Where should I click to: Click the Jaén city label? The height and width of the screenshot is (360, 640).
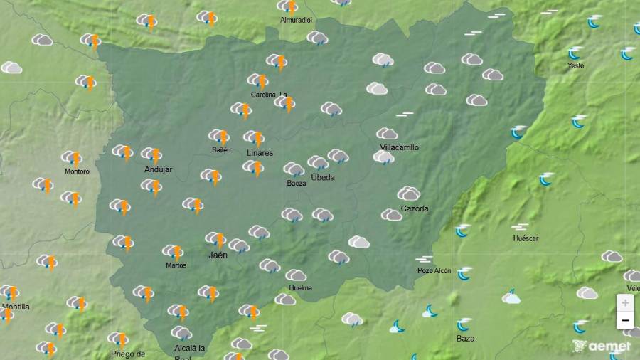tap(218, 255)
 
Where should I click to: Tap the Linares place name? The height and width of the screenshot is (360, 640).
tap(260, 153)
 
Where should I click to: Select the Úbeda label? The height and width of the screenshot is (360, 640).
tap(323, 177)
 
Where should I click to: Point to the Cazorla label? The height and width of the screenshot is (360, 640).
tap(415, 208)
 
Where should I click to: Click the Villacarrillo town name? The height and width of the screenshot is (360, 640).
tap(400, 147)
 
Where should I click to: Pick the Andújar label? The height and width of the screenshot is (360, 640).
tap(159, 169)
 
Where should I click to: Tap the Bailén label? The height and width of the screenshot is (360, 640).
tap(221, 149)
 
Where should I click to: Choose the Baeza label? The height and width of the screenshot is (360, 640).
tap(297, 184)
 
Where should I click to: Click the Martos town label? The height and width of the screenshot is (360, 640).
tap(176, 265)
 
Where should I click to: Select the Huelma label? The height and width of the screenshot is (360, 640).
tap(301, 288)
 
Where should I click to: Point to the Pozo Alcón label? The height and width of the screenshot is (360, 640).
tap(434, 271)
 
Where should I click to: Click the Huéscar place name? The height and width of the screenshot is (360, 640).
tap(526, 239)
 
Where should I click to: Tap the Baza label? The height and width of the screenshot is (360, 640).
tap(465, 339)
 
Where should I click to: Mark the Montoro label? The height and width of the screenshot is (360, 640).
tap(77, 171)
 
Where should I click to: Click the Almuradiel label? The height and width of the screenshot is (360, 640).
tap(296, 21)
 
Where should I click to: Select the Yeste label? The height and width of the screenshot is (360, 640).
tap(576, 66)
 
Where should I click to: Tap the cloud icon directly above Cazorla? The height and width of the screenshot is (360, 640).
tap(409, 194)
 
